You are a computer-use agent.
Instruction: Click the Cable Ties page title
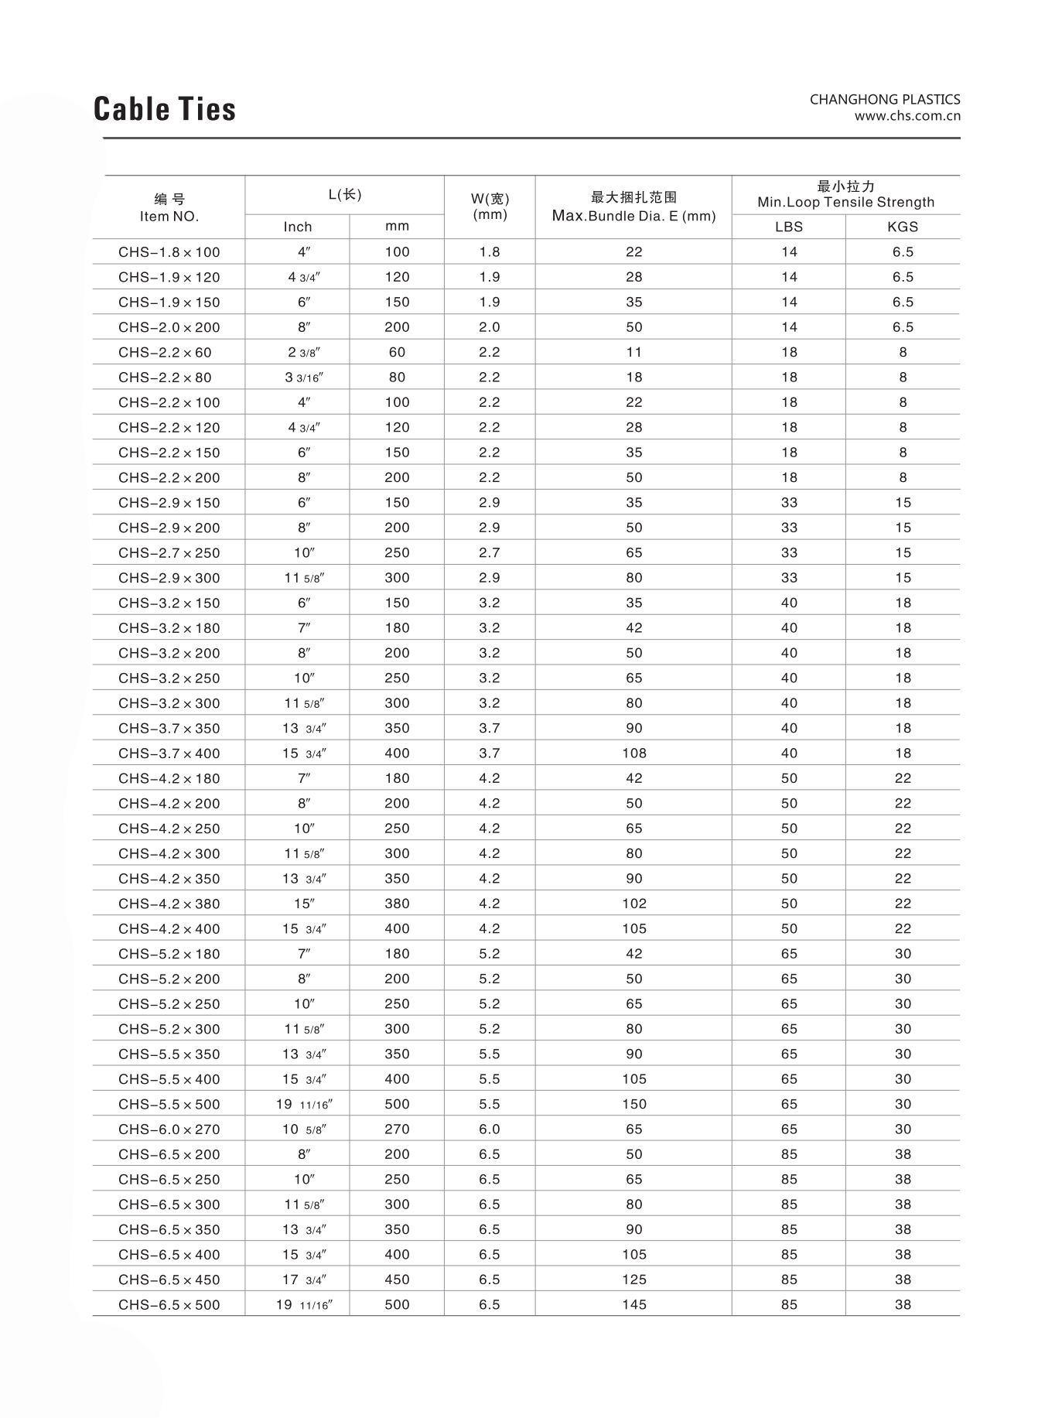tap(165, 109)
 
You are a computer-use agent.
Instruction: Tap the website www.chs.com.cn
tap(907, 116)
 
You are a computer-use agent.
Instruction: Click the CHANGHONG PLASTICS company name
tap(884, 100)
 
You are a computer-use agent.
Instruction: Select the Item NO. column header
tap(169, 217)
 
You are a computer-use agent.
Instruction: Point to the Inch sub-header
tap(298, 227)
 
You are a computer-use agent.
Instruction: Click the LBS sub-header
tap(789, 227)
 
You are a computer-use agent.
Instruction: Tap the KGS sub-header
tap(903, 227)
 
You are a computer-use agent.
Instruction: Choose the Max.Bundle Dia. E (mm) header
tap(633, 216)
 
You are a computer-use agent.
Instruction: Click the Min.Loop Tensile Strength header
tap(845, 203)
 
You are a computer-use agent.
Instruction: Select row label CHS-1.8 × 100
tap(169, 252)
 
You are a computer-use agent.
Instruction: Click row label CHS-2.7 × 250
tap(169, 553)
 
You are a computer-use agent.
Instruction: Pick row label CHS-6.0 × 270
tap(169, 1129)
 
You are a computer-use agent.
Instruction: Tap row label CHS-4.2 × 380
tap(169, 904)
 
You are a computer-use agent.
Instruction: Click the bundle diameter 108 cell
tap(634, 753)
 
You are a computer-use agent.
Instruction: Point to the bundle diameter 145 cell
tap(634, 1305)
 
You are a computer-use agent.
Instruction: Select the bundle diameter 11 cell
tap(634, 353)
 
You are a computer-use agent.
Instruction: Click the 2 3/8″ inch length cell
tap(304, 353)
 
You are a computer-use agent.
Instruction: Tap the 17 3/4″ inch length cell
tap(304, 1280)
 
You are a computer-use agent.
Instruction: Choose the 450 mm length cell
tap(397, 1280)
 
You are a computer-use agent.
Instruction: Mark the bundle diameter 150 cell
tap(634, 1104)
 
